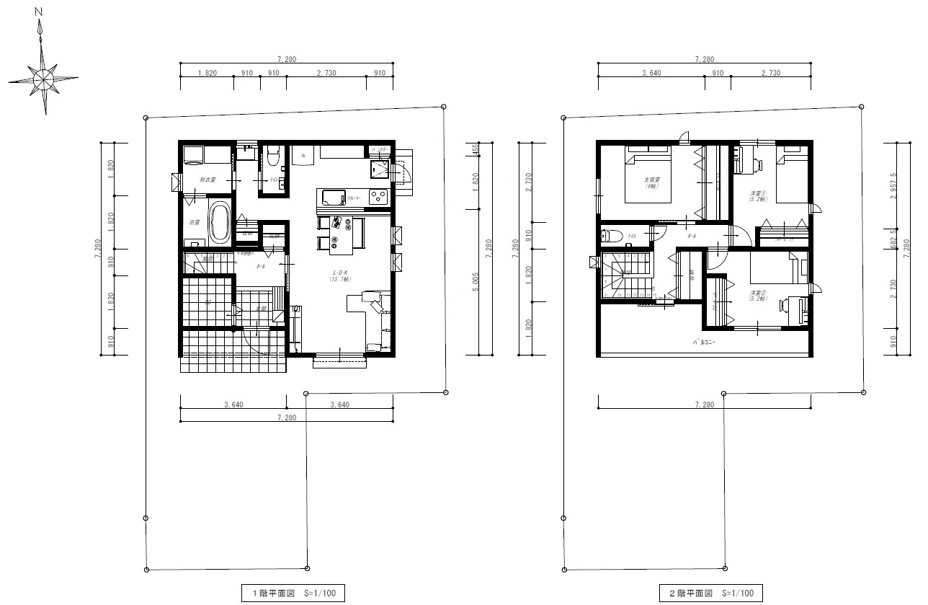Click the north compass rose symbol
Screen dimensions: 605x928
pos(43,75)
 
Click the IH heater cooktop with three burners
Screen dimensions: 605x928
pos(378,196)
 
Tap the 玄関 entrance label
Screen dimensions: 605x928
pos(262,309)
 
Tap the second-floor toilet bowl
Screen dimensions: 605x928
pos(611,235)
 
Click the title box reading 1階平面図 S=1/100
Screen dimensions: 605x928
pos(293,593)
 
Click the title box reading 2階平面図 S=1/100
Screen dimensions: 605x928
pos(710,593)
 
